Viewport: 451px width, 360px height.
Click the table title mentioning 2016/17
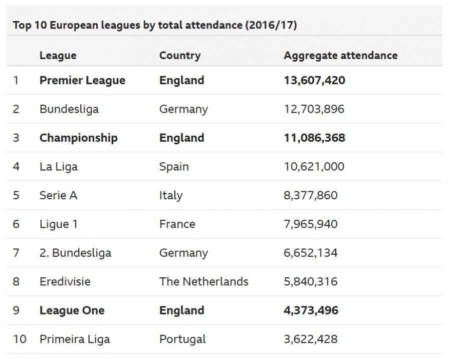[x=155, y=25]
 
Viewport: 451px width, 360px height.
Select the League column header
[x=58, y=56]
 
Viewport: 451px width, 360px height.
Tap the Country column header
[x=179, y=56]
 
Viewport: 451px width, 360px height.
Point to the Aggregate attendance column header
[x=340, y=56]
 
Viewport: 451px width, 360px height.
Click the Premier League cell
[x=82, y=81]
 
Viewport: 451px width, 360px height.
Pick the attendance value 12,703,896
[x=314, y=109]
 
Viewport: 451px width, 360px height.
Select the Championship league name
[x=78, y=138]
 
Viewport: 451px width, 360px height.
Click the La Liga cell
[x=58, y=167]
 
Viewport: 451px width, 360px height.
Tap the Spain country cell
[x=174, y=167]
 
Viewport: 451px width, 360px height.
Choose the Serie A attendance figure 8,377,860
[x=310, y=195]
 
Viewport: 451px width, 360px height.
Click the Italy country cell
[x=170, y=195]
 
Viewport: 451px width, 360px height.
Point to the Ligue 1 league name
[x=58, y=224]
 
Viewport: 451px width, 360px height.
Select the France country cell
[x=177, y=224]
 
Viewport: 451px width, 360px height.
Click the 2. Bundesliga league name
[x=75, y=253]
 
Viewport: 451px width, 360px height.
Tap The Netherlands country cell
[x=203, y=281]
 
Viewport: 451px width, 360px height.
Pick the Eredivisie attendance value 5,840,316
[x=310, y=281]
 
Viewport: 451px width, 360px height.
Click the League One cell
[x=72, y=310]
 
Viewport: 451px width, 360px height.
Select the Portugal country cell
[x=182, y=339]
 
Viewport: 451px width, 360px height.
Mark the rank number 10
[x=19, y=339]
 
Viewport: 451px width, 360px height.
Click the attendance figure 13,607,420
[x=314, y=81]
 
